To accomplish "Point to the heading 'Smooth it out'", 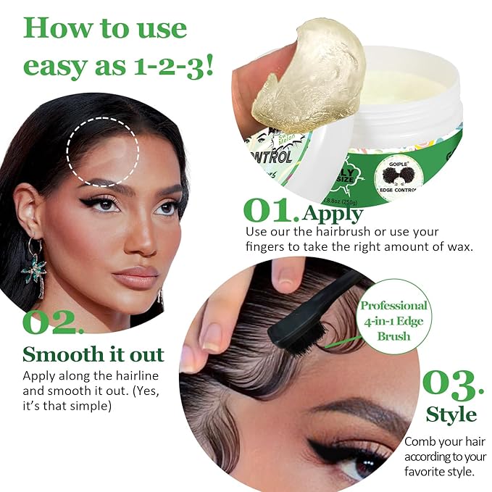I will point(93,355).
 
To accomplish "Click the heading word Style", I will point(451,415).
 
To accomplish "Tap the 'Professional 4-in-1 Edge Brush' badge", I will point(393,320).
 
